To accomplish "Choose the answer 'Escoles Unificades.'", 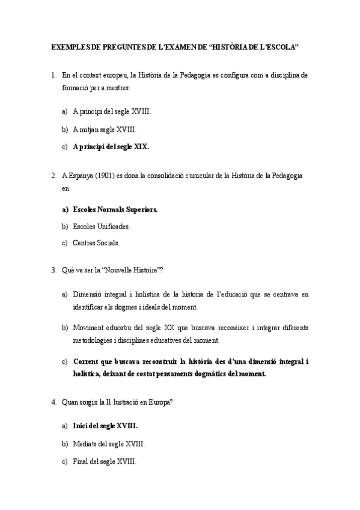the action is coord(101,227).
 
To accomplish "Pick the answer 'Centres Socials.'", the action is coord(96,244).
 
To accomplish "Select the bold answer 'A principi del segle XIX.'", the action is coord(111,146).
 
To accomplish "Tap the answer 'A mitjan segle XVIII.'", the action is coord(105,129).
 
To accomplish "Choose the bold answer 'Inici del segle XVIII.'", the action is coord(105,426).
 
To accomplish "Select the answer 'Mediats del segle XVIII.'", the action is coord(108,444).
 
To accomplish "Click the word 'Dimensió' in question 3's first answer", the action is coord(88,295).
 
